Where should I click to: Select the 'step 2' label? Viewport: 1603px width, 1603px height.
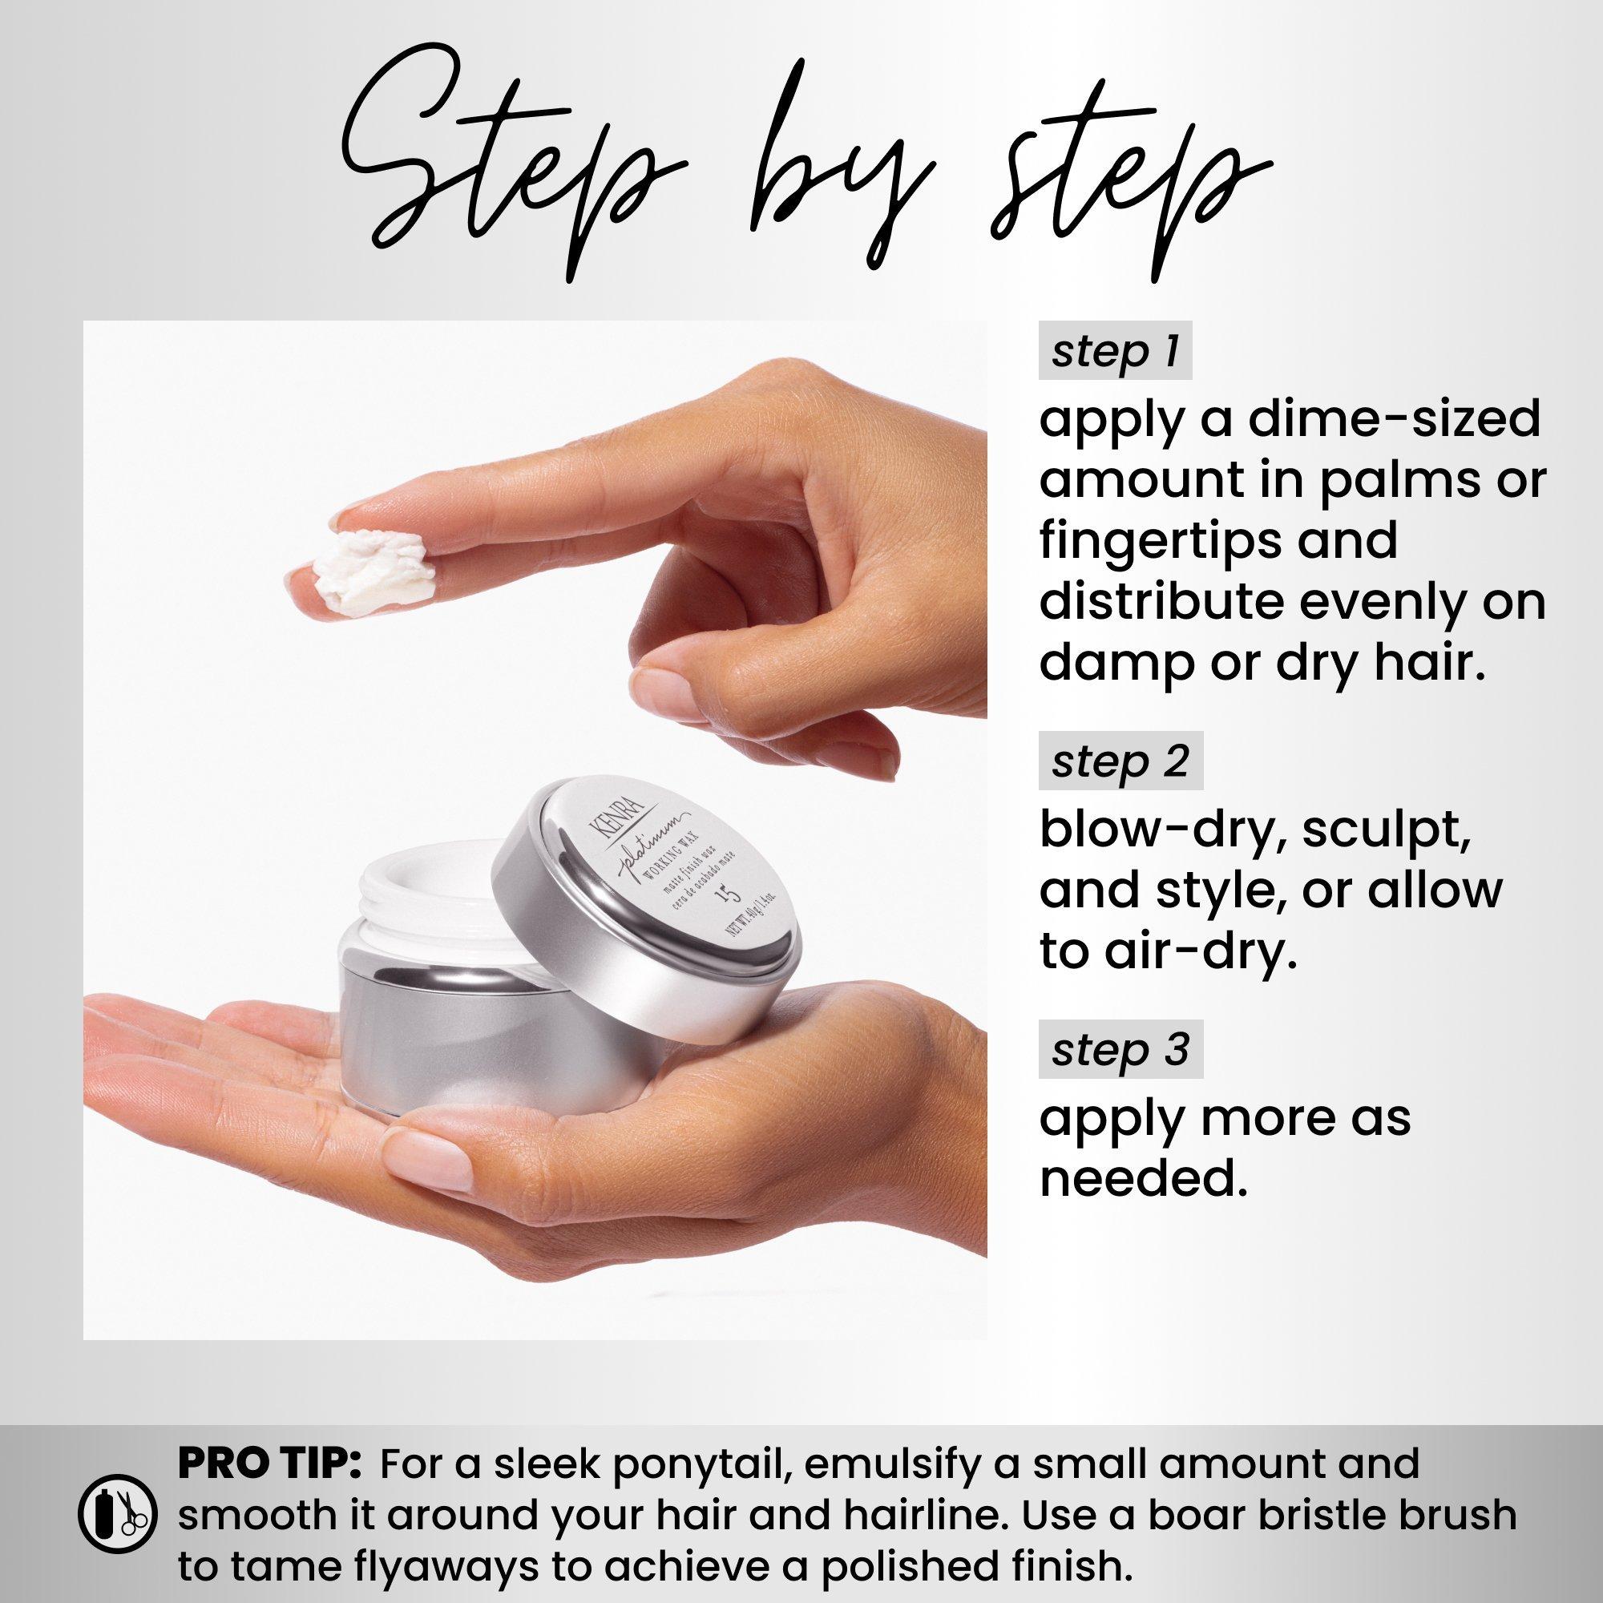(x=1120, y=761)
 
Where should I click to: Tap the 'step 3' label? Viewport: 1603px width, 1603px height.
(x=1120, y=1050)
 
